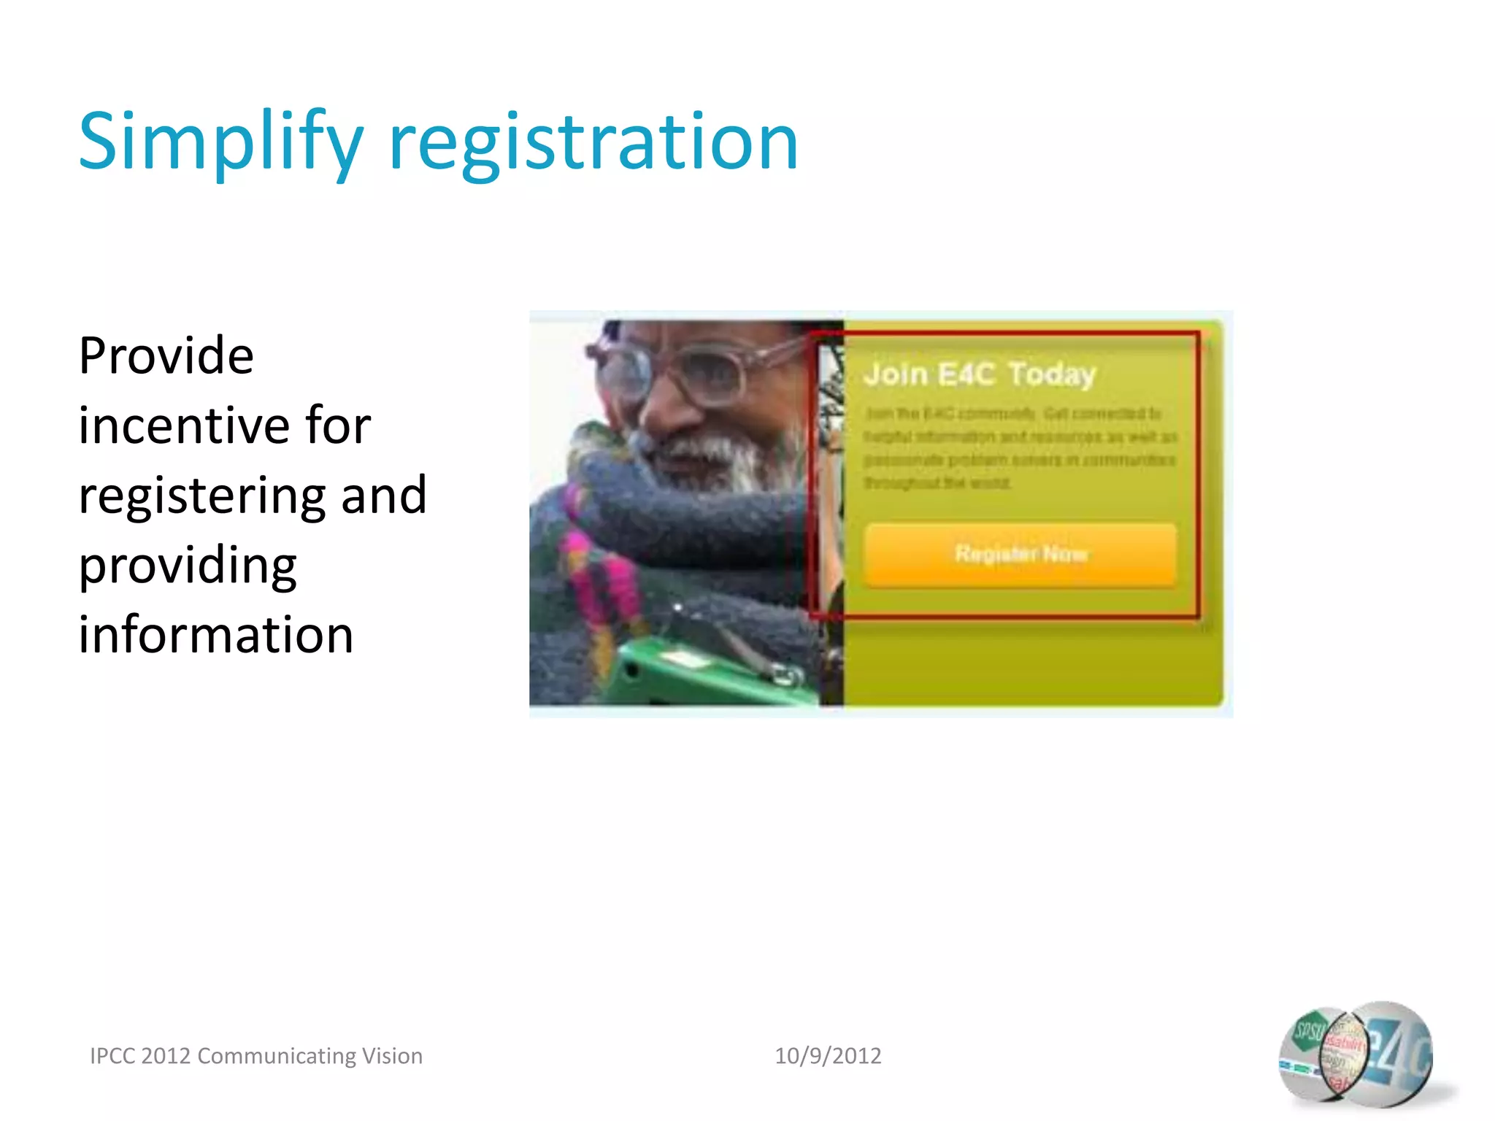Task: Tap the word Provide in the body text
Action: click(166, 356)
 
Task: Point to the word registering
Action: click(197, 496)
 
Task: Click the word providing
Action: click(188, 566)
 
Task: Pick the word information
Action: click(216, 635)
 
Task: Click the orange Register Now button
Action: click(1021, 555)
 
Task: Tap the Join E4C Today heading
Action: click(980, 374)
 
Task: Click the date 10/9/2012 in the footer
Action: click(828, 1056)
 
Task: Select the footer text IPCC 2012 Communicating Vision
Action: click(256, 1056)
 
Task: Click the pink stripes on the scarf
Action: click(599, 577)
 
